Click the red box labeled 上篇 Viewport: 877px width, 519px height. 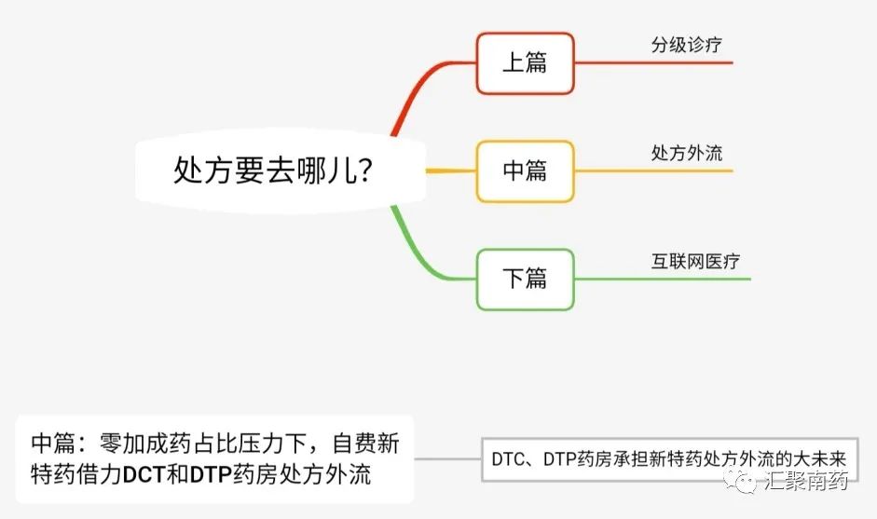point(525,63)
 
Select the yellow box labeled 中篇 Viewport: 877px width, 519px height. point(525,171)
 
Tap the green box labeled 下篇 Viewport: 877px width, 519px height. point(525,279)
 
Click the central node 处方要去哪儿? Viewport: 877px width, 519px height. point(275,171)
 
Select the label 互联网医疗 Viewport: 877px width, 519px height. point(695,261)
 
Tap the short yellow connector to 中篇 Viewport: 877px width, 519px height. point(451,171)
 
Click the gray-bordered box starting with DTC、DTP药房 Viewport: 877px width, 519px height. point(670,458)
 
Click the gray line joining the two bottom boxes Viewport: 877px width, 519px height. point(447,458)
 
